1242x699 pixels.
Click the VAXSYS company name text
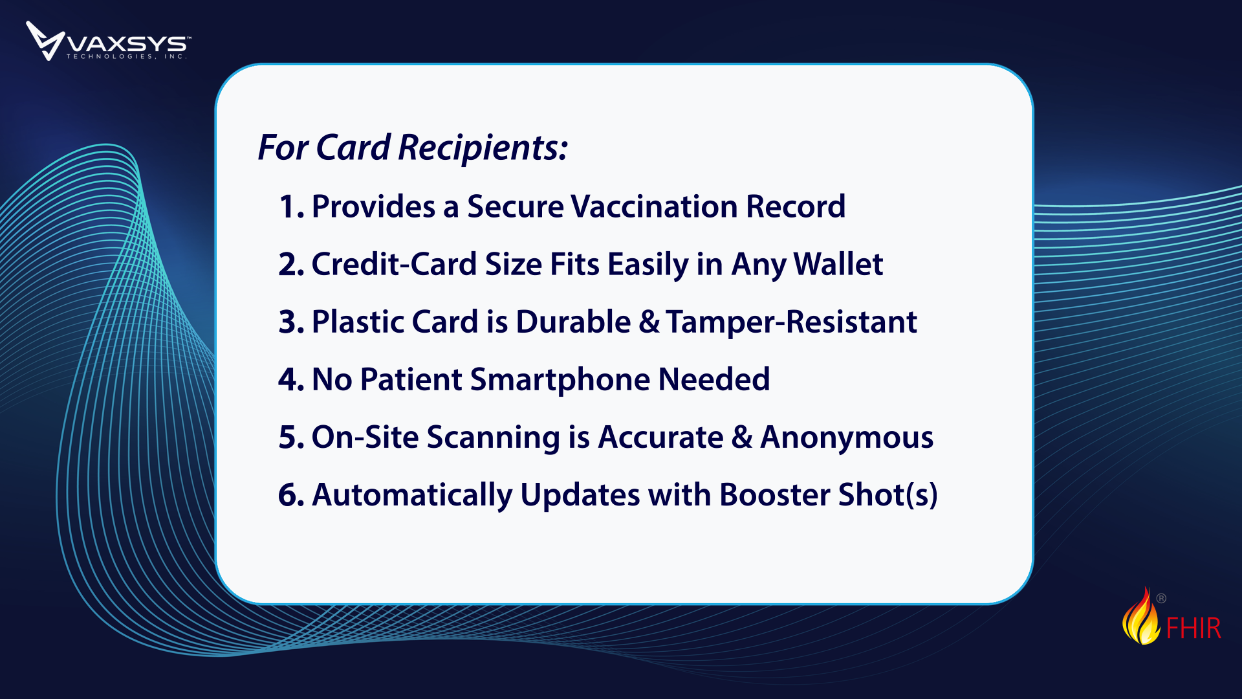tap(129, 44)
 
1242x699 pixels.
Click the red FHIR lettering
tap(1193, 628)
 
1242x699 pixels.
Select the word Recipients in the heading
tap(483, 148)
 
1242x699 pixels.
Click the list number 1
tap(292, 207)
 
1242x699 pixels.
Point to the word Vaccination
tap(654, 207)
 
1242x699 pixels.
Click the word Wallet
tap(838, 265)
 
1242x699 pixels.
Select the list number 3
tap(292, 322)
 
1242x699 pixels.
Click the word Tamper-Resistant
tap(792, 322)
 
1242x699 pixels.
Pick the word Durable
tap(573, 322)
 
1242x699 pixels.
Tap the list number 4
tap(292, 380)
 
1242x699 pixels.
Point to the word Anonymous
tap(847, 438)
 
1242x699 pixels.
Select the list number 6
tap(292, 495)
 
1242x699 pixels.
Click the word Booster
tap(775, 495)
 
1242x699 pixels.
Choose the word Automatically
tap(412, 496)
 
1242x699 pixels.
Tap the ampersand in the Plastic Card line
tap(649, 322)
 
